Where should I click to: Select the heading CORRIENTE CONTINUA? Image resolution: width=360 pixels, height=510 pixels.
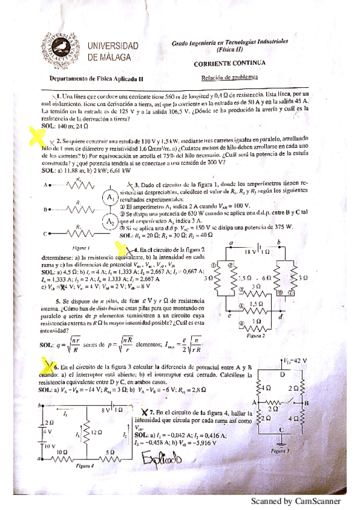tap(228, 64)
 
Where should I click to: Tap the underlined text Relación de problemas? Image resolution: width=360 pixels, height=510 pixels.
tap(229, 77)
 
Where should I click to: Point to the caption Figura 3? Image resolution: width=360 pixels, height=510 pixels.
tap(280, 450)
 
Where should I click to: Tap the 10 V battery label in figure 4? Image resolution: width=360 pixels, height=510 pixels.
tap(46, 447)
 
